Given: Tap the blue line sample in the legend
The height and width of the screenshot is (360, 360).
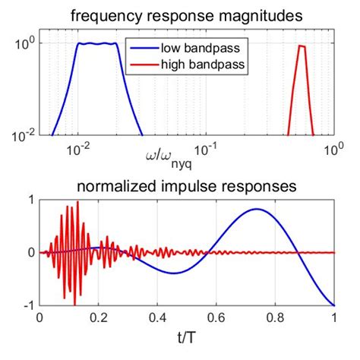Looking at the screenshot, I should (146, 49).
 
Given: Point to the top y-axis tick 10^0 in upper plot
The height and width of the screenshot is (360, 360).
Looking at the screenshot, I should (24, 44).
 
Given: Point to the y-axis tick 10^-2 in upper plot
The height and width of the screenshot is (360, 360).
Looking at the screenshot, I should (22, 135).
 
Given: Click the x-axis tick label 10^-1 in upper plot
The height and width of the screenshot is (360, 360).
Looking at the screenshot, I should (205, 150).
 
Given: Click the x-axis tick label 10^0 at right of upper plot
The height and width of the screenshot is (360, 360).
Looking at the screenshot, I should (330, 150).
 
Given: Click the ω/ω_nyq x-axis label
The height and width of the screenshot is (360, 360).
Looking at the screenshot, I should (173, 157).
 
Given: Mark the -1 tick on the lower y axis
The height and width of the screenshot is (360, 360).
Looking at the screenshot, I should (28, 305).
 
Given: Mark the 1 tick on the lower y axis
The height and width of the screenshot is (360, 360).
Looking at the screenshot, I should (30, 200).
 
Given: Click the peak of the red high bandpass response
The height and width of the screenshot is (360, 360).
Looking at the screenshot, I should (302, 46).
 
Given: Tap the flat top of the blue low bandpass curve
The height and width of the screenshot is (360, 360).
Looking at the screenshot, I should (98, 44).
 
